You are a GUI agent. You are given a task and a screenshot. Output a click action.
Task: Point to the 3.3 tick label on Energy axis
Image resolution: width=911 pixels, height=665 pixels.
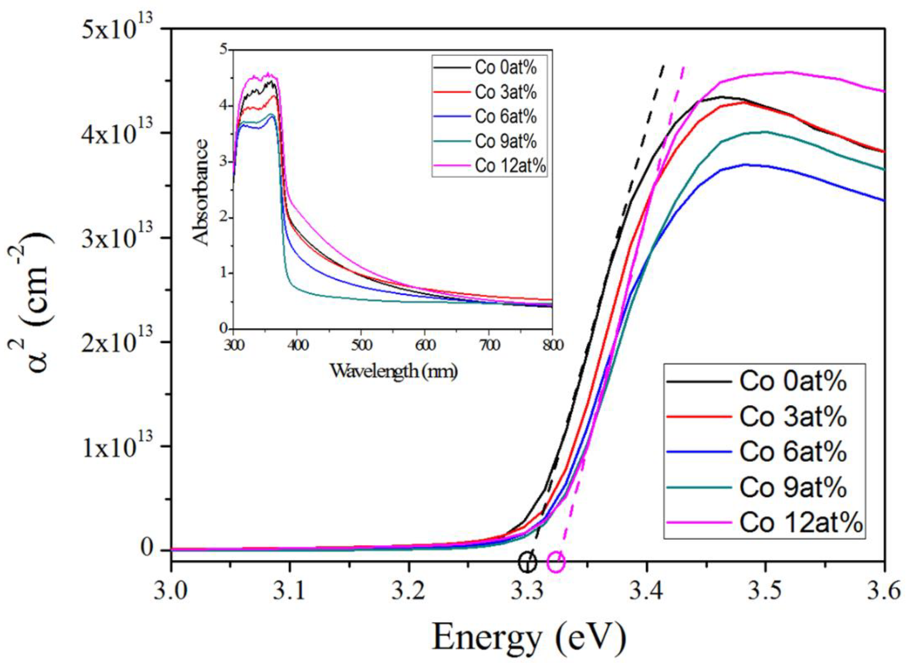tap(528, 592)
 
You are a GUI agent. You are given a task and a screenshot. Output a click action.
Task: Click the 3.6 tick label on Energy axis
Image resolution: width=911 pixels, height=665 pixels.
tap(884, 592)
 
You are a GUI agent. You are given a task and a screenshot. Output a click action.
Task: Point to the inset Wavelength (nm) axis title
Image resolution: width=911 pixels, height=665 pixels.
tap(393, 371)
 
